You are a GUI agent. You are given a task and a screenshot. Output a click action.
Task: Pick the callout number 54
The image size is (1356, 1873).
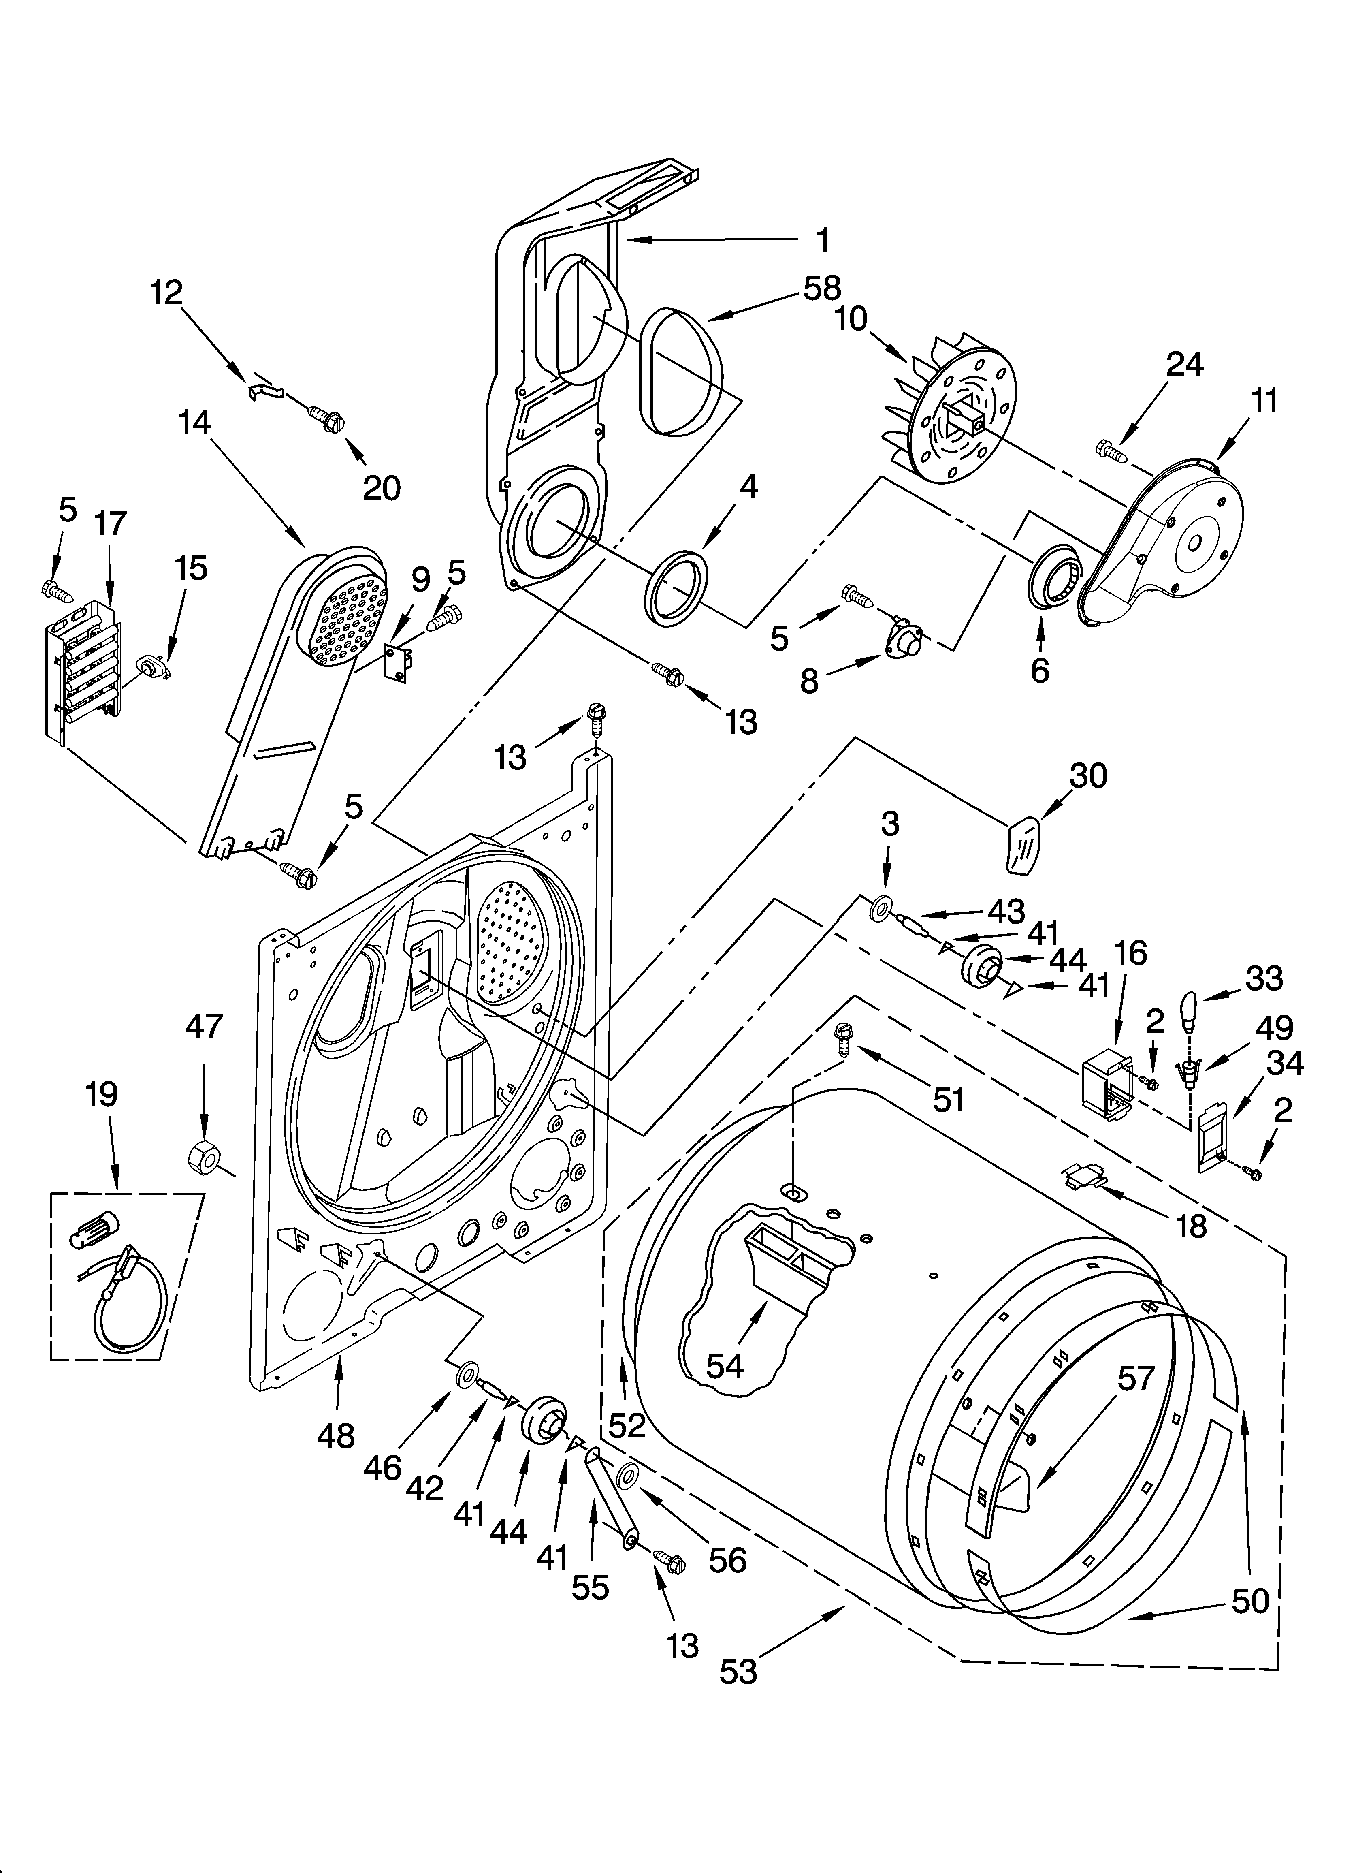[724, 1367]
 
